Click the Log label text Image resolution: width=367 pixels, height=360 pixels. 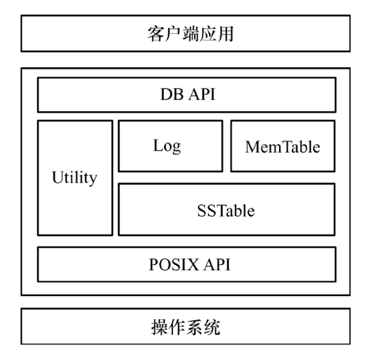tap(167, 145)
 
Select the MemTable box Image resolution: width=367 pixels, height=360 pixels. tap(283, 146)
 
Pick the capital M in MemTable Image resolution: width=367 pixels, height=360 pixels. tap(252, 147)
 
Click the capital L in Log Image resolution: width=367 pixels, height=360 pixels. tap(157, 145)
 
